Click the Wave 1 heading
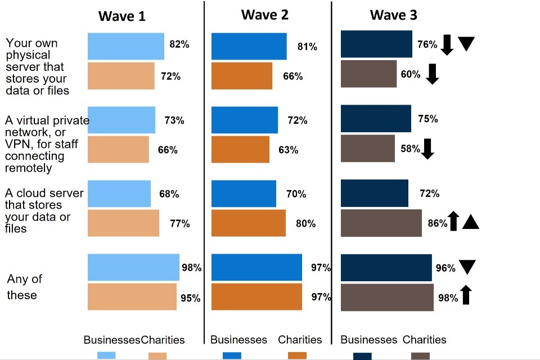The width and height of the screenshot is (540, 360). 121,16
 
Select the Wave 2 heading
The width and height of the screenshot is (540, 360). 264,15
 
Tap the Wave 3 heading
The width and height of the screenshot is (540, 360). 393,15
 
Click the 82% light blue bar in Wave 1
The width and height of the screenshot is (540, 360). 126,46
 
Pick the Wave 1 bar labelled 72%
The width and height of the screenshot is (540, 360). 121,76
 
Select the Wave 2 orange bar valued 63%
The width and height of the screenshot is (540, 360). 240,150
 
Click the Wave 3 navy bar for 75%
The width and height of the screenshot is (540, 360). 376,119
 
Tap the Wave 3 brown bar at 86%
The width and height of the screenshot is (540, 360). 381,223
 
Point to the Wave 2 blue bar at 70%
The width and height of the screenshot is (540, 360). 244,193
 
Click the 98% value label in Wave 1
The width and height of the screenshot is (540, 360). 191,268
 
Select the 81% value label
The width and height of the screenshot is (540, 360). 307,47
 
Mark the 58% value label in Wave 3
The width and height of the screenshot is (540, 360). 410,149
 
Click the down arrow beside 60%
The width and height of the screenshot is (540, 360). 432,74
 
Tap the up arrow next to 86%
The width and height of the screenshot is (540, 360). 454,221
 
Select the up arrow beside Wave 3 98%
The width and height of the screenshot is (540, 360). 465,295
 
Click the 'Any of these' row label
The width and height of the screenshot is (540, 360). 24,287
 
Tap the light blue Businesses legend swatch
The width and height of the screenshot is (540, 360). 106,355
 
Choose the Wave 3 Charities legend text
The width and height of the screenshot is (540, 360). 424,340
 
